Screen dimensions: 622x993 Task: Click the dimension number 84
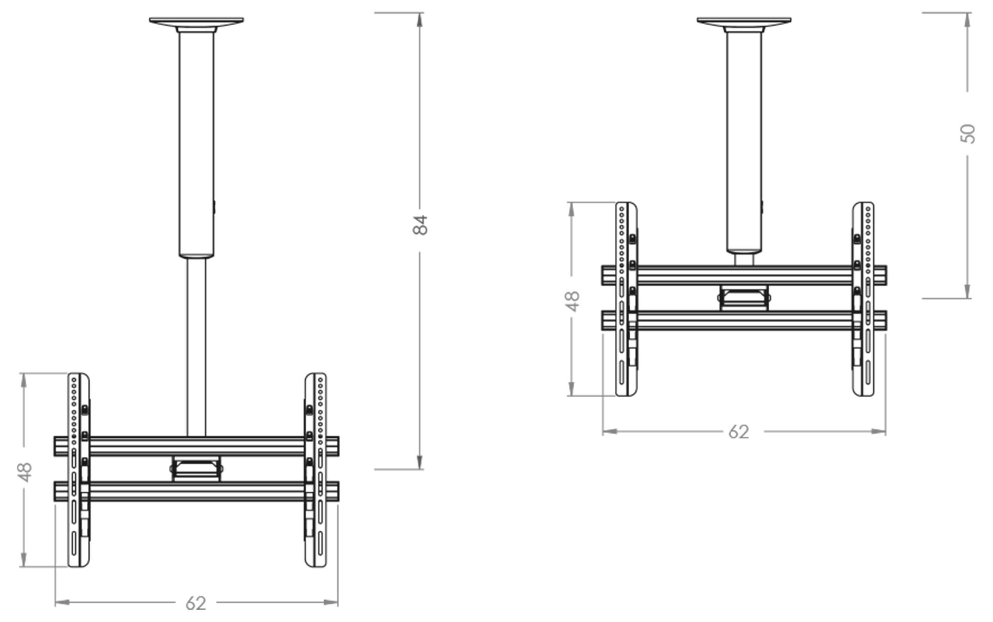420,225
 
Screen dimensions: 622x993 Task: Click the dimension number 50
967,134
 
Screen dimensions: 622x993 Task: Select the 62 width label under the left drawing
196,603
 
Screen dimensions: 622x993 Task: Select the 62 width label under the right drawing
739,432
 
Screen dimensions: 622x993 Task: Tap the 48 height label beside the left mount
24,472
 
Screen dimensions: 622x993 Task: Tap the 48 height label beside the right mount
572,301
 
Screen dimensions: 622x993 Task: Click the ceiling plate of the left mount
196,21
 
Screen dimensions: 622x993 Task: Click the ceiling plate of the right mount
744,21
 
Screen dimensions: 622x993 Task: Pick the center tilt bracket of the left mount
197,468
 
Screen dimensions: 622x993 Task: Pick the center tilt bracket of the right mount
744,298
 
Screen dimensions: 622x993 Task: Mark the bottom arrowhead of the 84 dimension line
420,462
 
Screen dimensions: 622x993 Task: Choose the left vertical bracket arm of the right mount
626,299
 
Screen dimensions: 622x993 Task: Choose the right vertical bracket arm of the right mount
863,299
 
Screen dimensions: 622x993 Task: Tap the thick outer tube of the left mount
197,144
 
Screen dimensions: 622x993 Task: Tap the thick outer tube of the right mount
744,140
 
